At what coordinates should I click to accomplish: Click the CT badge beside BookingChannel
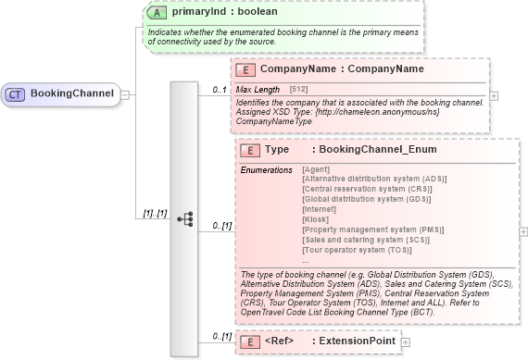click(x=17, y=93)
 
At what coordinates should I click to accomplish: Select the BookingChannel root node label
click(x=71, y=93)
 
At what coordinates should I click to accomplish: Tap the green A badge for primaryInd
click(x=158, y=14)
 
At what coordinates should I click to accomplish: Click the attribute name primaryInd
click(x=198, y=14)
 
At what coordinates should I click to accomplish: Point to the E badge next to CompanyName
click(x=246, y=69)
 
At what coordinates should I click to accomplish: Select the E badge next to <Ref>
click(x=249, y=341)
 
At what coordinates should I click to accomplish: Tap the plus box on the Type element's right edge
click(x=524, y=232)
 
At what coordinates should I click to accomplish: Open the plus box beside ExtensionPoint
click(x=405, y=341)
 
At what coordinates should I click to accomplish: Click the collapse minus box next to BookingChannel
click(x=125, y=93)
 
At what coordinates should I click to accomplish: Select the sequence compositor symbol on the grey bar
click(x=184, y=218)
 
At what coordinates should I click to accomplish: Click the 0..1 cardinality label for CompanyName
click(x=220, y=90)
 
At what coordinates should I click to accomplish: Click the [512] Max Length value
click(x=299, y=89)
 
